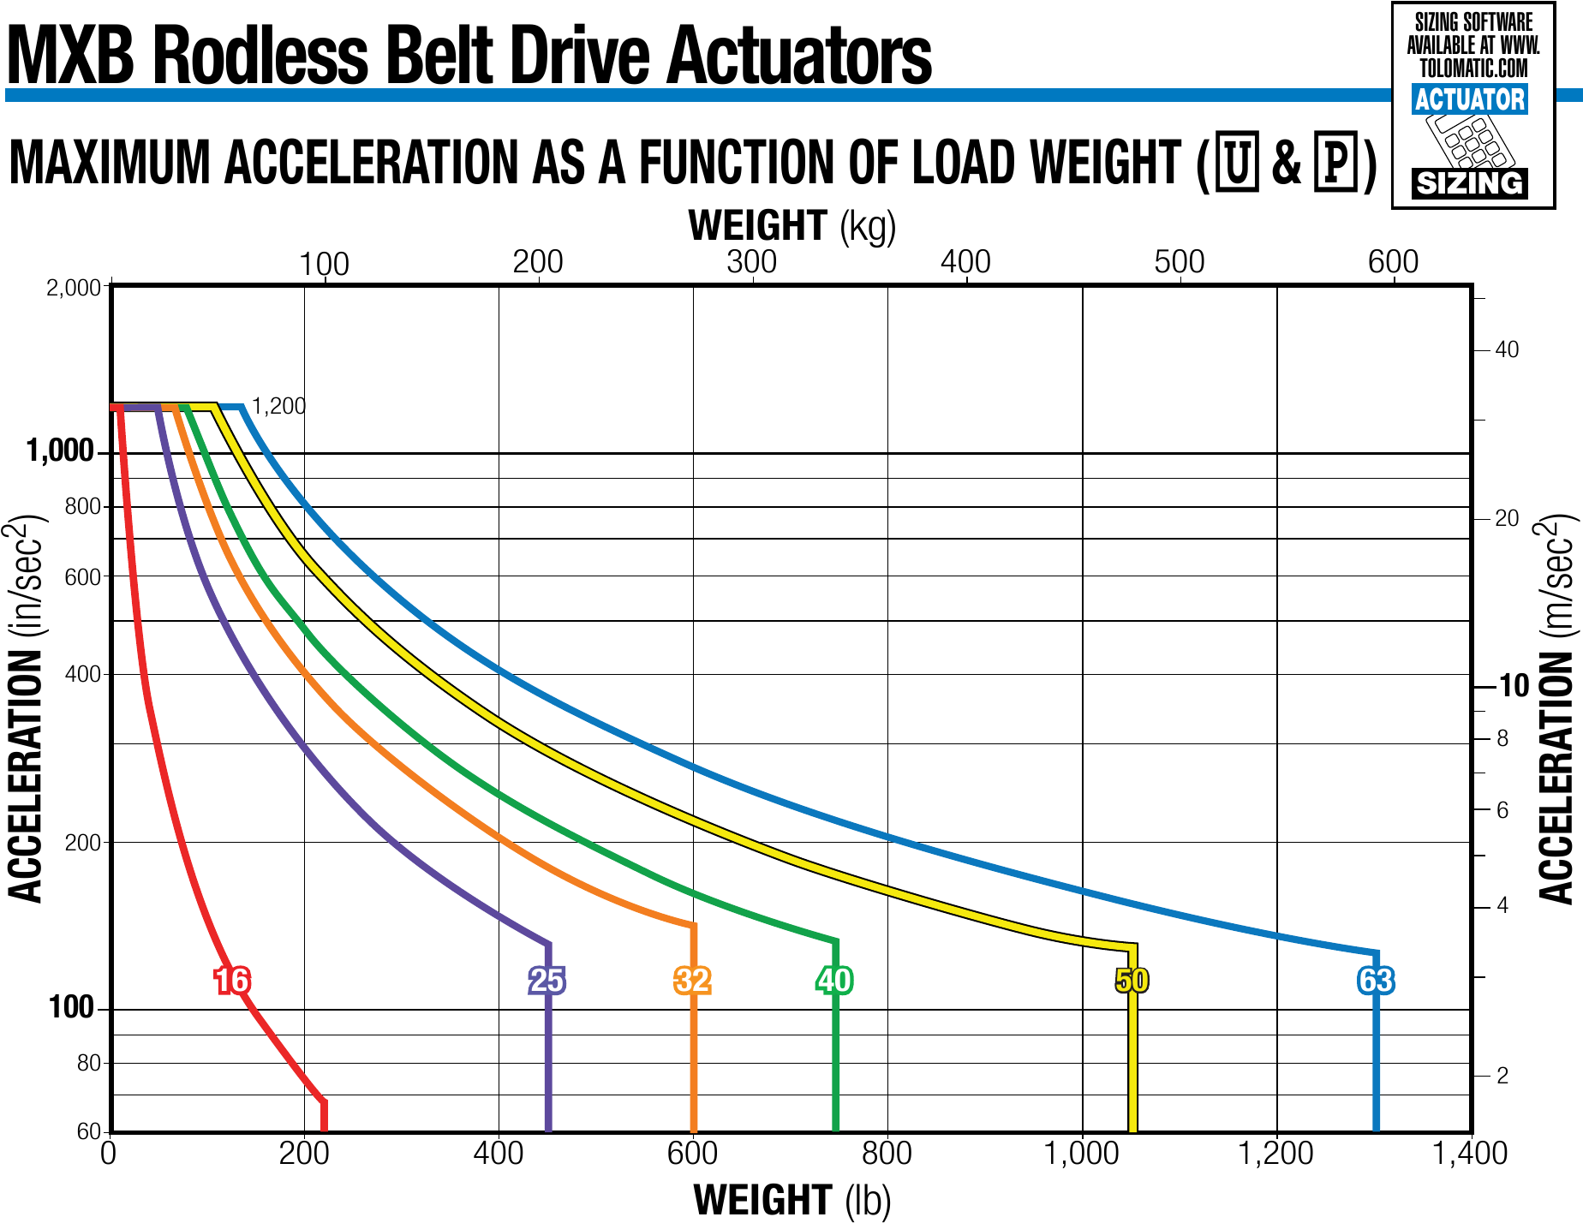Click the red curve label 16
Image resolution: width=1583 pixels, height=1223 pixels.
coord(232,980)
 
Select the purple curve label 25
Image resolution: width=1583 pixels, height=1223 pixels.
coord(547,980)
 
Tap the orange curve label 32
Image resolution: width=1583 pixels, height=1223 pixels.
coord(692,980)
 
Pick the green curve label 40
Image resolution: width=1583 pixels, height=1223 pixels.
coord(834,980)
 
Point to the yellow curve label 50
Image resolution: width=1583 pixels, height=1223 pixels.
coord(1132,980)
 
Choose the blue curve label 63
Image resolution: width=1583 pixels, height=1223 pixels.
coord(1376,980)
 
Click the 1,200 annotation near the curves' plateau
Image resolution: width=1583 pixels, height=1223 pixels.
coord(278,406)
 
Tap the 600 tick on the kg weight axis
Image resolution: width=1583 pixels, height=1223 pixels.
coord(1393,262)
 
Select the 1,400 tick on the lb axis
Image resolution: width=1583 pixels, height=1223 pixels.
coord(1470,1154)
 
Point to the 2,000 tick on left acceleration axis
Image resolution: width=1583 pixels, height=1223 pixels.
coord(74,288)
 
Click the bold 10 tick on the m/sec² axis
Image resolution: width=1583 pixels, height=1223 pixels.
coord(1514,686)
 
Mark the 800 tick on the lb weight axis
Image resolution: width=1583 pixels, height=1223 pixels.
coord(887,1154)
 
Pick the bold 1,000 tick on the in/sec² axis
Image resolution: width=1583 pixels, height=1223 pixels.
coord(60,450)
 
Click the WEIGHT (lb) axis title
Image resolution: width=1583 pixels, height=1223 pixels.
coord(792,1200)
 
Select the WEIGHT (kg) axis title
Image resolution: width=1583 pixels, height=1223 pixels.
coord(792,226)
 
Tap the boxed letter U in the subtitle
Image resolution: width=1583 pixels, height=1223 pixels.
coord(1237,161)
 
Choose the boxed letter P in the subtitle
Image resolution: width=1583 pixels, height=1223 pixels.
coord(1336,161)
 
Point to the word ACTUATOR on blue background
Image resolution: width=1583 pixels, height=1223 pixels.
coord(1470,99)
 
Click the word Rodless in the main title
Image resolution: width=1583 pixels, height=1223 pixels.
coord(260,57)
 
